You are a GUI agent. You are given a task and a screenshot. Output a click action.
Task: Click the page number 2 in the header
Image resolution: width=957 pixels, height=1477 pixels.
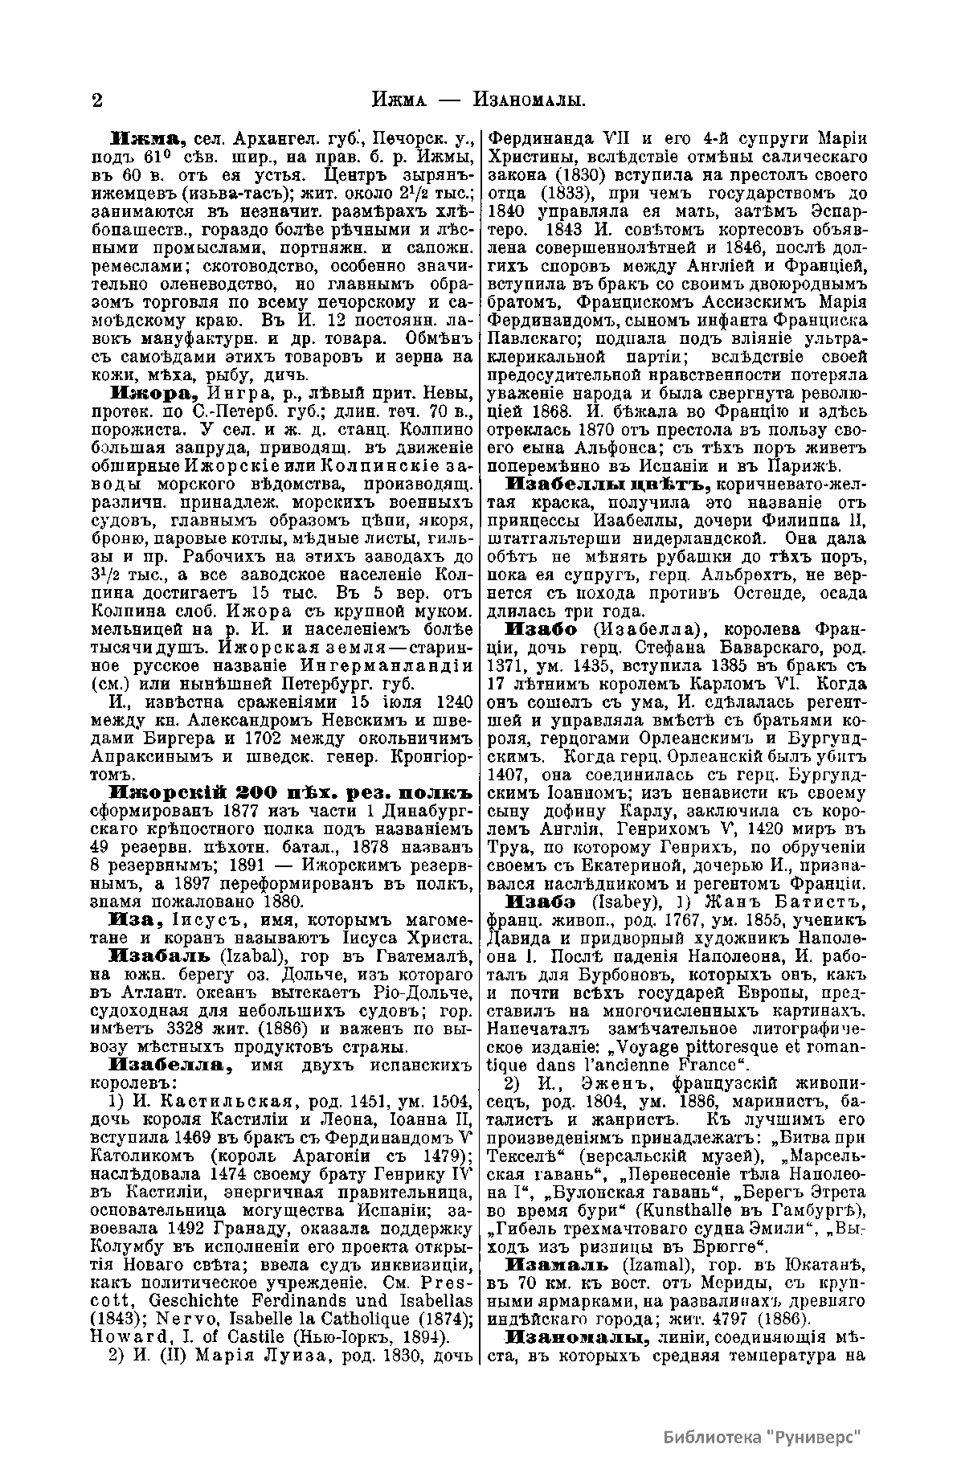[x=97, y=101]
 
